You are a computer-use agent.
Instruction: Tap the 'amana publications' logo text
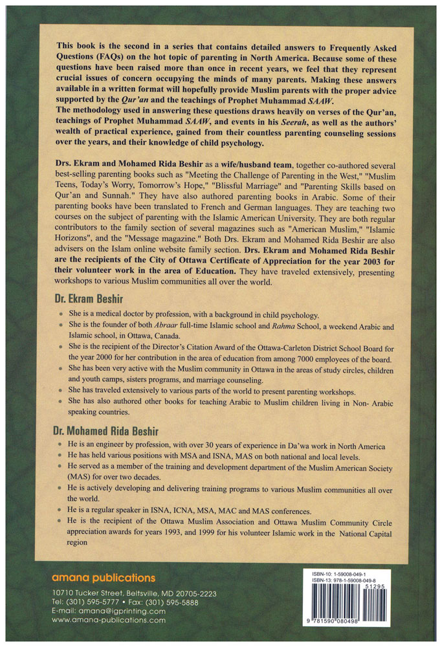pos(103,577)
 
